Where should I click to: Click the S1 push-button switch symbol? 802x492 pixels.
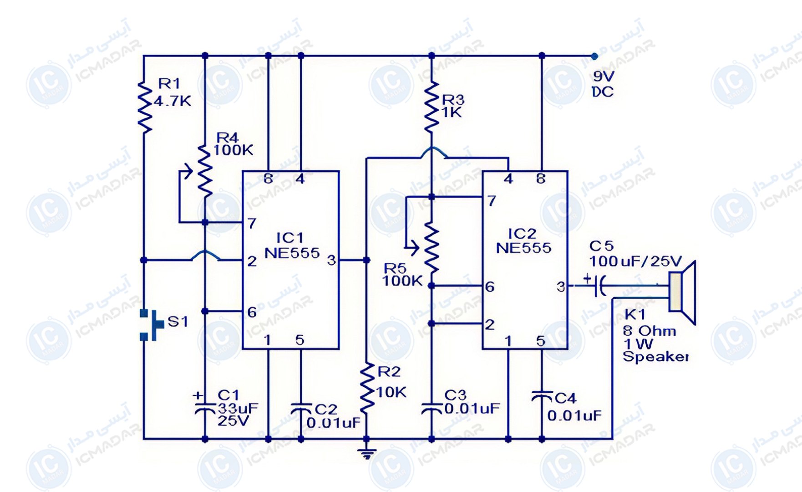pyautogui.click(x=151, y=325)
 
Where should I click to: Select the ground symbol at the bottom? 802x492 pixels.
pyautogui.click(x=367, y=453)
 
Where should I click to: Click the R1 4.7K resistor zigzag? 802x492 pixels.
pyautogui.click(x=144, y=107)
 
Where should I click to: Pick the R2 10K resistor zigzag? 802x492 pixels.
pyautogui.click(x=367, y=389)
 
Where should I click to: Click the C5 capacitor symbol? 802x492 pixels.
pyautogui.click(x=598, y=286)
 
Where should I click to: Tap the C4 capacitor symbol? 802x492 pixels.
pyautogui.click(x=542, y=396)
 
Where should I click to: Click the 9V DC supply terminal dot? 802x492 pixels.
pyautogui.click(x=594, y=56)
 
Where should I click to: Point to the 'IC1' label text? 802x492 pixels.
pyautogui.click(x=289, y=238)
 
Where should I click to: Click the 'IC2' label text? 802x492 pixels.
pyautogui.click(x=522, y=234)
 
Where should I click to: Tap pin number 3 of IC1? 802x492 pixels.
pyautogui.click(x=331, y=260)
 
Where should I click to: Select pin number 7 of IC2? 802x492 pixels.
pyautogui.click(x=492, y=201)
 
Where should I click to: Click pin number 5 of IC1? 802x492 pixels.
pyautogui.click(x=299, y=340)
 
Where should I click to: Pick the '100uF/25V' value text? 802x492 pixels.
pyautogui.click(x=635, y=261)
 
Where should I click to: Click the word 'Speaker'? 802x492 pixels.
pyautogui.click(x=655, y=357)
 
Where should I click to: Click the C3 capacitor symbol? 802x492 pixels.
pyautogui.click(x=431, y=408)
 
